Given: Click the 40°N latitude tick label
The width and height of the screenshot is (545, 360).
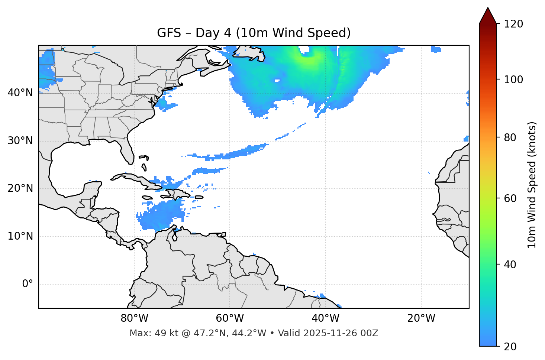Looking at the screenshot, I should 20,93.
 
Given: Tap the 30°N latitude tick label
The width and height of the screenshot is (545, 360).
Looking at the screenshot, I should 20,141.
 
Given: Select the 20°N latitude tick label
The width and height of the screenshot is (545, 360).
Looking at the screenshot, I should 20,188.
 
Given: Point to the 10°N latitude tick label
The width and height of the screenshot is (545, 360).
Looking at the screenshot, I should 20,236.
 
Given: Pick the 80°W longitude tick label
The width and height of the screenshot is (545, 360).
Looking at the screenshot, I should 134,318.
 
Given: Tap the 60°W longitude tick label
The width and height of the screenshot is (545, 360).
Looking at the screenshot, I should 230,318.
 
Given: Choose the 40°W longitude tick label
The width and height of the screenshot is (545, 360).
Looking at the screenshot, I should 325,318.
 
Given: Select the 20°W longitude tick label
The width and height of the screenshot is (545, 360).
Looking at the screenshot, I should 421,318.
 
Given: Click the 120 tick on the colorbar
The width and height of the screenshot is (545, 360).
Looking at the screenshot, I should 513,24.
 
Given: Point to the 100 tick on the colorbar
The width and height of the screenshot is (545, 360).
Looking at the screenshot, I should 513,80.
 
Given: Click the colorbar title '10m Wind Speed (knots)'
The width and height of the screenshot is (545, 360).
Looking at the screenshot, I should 532,185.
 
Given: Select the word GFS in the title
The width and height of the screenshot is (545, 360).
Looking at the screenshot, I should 169,33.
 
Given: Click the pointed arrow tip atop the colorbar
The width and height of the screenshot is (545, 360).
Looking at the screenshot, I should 488,9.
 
